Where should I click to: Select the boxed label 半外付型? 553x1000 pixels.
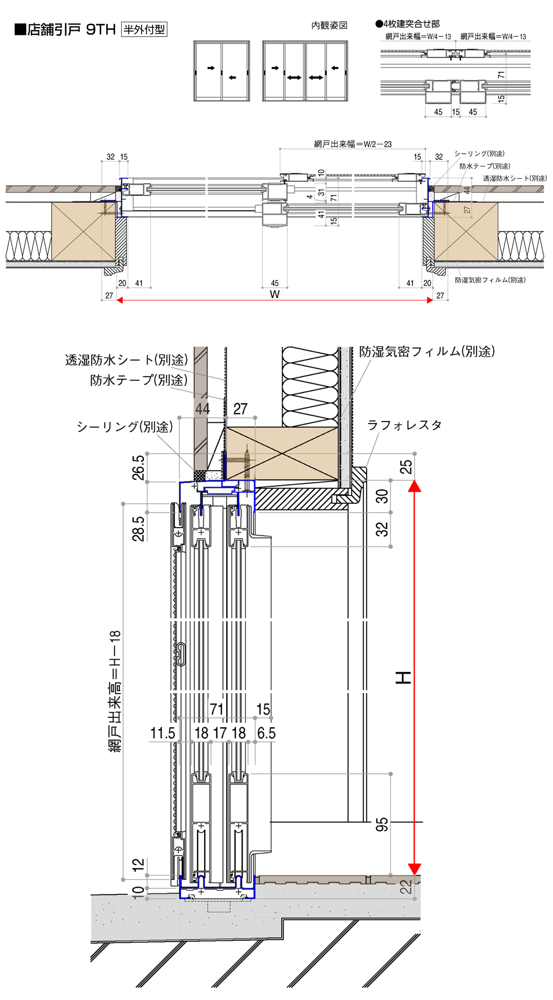point(144,29)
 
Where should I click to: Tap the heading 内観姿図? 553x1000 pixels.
point(329,25)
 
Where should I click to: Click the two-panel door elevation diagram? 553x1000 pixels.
point(221,71)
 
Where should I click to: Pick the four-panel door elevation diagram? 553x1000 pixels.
point(305,71)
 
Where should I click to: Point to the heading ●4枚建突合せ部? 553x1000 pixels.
point(408,24)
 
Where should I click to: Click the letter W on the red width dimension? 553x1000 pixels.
point(274,294)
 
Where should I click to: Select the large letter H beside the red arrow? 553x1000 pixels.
point(404,677)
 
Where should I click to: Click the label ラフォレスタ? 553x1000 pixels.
point(404,425)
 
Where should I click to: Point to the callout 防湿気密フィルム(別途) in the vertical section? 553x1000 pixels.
point(427,351)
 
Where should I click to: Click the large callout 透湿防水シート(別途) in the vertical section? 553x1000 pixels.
point(127,360)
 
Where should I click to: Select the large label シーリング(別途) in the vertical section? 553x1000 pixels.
point(124,426)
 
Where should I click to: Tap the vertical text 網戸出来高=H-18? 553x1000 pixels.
point(115,691)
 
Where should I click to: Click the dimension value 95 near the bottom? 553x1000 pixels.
point(382,825)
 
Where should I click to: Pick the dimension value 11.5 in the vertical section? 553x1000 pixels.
point(163,733)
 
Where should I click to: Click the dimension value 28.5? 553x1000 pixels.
point(138,528)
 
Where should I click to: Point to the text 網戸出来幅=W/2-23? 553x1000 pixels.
point(353,144)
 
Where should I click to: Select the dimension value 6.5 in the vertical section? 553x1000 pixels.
point(266,733)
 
